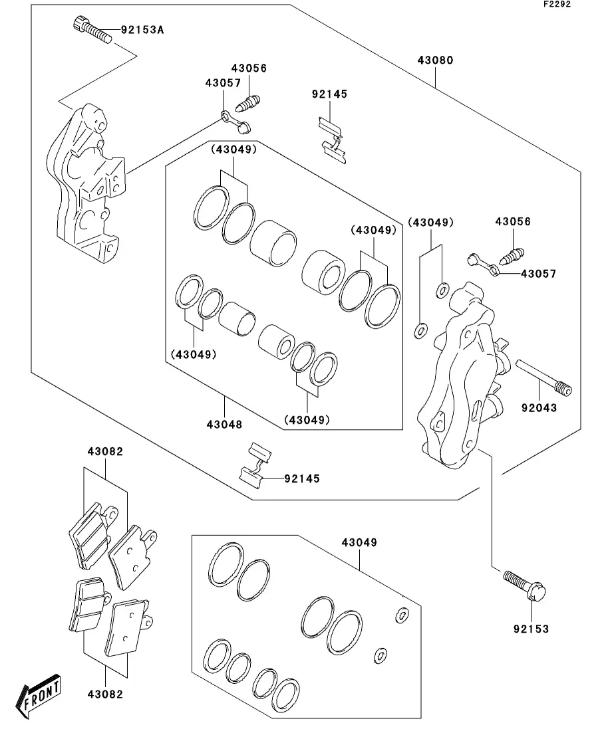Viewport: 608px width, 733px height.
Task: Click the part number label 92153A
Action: pyautogui.click(x=142, y=30)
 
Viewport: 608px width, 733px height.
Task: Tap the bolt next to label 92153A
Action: pyautogui.click(x=92, y=29)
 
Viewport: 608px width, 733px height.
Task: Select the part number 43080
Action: pyautogui.click(x=435, y=60)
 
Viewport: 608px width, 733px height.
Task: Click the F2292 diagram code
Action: pyautogui.click(x=557, y=4)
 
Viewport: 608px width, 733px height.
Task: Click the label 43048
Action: pyautogui.click(x=224, y=425)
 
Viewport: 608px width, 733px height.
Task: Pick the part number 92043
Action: pyautogui.click(x=539, y=408)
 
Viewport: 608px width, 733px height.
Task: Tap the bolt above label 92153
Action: pyautogui.click(x=525, y=585)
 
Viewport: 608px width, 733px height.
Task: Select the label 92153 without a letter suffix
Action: pyautogui.click(x=531, y=629)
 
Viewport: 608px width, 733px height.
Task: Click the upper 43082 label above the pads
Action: pyautogui.click(x=105, y=452)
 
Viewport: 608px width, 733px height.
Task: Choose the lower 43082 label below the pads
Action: pyautogui.click(x=105, y=694)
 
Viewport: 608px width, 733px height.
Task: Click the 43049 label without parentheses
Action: pyautogui.click(x=359, y=543)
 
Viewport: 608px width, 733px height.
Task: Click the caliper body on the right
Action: pyautogui.click(x=461, y=374)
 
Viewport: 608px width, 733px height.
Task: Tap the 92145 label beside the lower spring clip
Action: pyautogui.click(x=302, y=478)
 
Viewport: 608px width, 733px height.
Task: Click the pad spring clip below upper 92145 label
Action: pyautogui.click(x=333, y=140)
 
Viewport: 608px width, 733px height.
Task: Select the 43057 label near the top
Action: pyautogui.click(x=223, y=83)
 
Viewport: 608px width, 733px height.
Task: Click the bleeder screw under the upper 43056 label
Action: pyautogui.click(x=248, y=103)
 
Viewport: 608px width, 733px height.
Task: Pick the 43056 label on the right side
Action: pyautogui.click(x=513, y=221)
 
